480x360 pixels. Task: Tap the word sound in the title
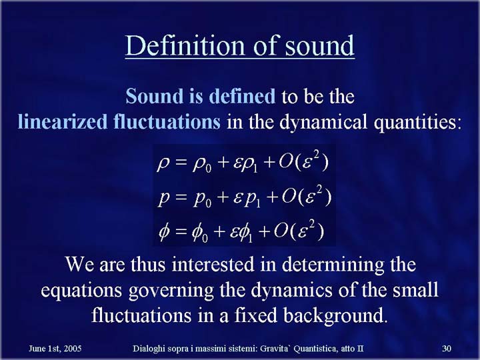click(319, 45)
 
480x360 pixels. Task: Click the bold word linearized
click(63, 121)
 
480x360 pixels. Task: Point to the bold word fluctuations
click(167, 121)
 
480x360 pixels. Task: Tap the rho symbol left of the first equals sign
click(163, 165)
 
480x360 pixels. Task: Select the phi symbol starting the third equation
click(164, 232)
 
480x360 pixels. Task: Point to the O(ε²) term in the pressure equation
click(307, 196)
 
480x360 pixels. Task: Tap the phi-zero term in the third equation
click(200, 233)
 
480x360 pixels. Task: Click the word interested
click(213, 264)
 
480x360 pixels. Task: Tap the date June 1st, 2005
click(55, 349)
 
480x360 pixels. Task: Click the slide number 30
click(447, 349)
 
